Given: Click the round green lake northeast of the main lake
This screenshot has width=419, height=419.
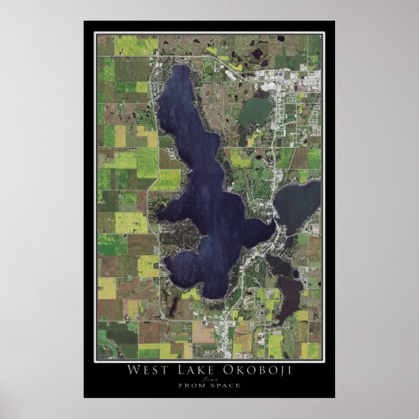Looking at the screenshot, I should pyautogui.click(x=255, y=113).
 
